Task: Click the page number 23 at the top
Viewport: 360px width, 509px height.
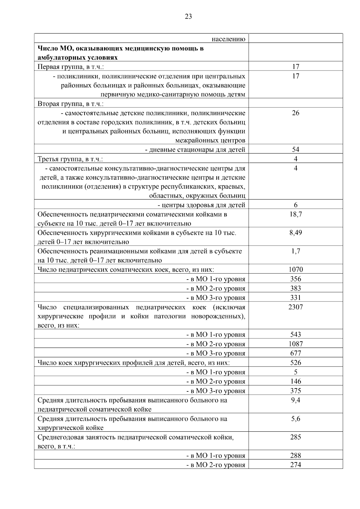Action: click(x=188, y=16)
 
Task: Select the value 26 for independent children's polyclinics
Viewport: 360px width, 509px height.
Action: click(x=295, y=113)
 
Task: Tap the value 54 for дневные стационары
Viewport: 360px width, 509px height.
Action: click(x=295, y=150)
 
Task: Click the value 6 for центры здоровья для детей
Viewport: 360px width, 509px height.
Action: click(x=295, y=205)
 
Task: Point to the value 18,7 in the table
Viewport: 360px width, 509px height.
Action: click(x=295, y=214)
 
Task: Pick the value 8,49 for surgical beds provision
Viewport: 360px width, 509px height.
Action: click(x=295, y=233)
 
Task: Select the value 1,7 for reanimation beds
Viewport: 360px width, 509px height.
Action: click(x=295, y=251)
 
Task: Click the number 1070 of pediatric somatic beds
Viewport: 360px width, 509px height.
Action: click(x=295, y=270)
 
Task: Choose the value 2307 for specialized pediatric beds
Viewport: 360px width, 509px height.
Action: click(x=295, y=307)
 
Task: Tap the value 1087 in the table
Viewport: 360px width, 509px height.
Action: click(x=295, y=344)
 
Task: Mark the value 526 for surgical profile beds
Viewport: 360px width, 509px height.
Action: click(x=295, y=363)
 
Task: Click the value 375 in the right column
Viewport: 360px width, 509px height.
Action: click(x=295, y=391)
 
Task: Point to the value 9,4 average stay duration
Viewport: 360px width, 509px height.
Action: click(x=295, y=400)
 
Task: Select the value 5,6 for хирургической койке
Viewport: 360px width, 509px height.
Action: click(x=295, y=419)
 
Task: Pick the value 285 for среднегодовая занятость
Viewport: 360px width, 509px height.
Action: click(x=295, y=437)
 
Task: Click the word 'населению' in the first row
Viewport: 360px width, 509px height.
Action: click(x=228, y=39)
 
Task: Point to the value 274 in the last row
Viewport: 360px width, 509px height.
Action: click(x=295, y=465)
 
